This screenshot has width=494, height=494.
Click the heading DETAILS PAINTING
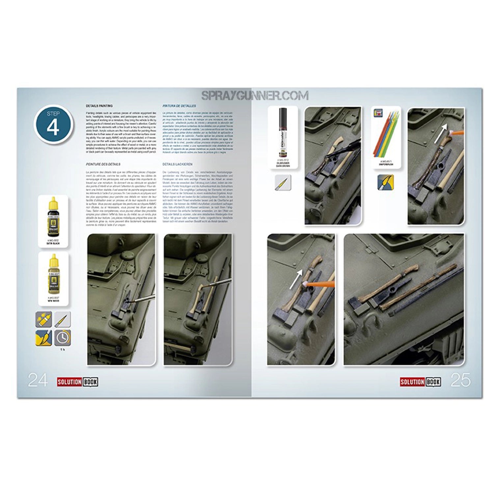(99, 106)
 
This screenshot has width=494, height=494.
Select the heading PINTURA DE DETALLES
(179, 106)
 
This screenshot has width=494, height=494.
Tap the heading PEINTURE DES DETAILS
(103, 164)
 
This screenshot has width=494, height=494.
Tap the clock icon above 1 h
(62, 338)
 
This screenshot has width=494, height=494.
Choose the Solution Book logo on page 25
(421, 382)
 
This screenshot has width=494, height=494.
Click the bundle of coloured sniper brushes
(386, 135)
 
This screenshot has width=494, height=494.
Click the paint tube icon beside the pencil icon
(44, 319)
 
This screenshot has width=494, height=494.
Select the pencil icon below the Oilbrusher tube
(283, 182)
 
